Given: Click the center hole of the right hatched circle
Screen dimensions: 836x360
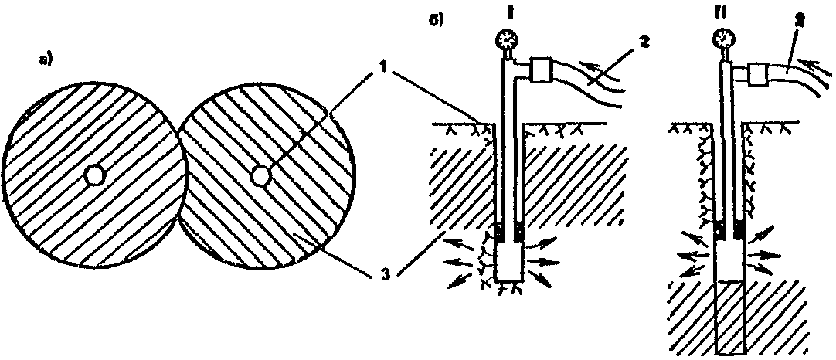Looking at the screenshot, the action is (x=260, y=176).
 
